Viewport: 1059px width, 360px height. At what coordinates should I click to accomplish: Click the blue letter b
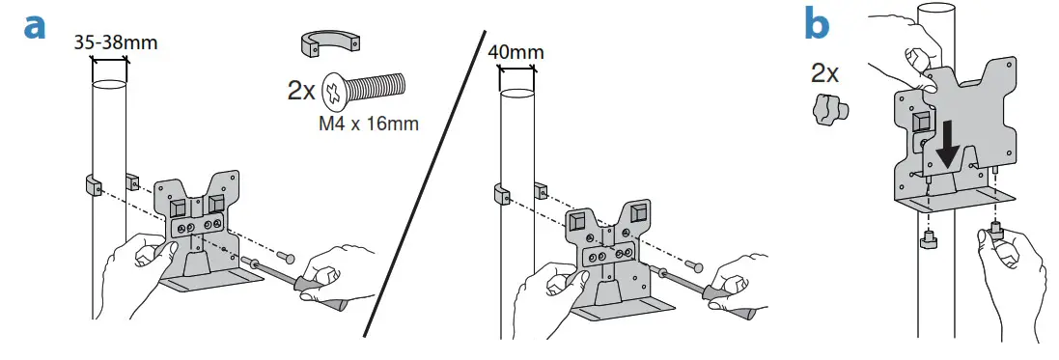click(x=817, y=23)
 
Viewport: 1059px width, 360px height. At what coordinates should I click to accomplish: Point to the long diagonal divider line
click(x=425, y=183)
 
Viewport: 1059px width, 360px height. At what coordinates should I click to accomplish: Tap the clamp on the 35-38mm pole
click(x=94, y=183)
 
